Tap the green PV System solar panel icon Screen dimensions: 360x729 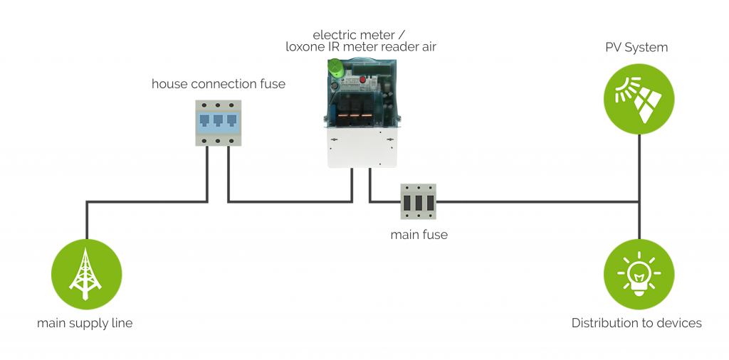(639, 99)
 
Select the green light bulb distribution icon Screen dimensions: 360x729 (639, 274)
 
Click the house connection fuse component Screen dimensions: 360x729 (218, 123)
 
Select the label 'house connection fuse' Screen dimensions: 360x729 (218, 84)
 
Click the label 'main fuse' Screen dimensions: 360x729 (419, 234)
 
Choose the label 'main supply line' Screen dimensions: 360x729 (85, 323)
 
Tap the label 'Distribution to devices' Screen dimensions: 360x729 (636, 323)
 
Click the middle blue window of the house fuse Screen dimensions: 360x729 (218, 120)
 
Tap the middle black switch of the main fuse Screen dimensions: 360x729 (419, 203)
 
